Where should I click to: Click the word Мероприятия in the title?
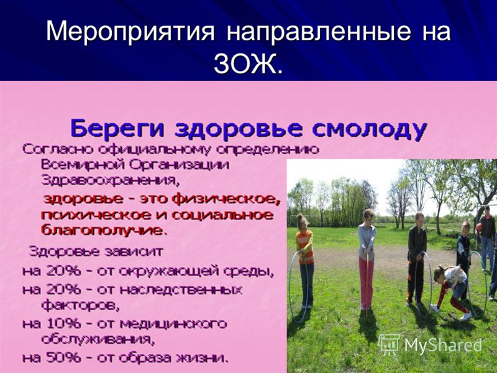(130, 30)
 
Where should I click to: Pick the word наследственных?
(181, 290)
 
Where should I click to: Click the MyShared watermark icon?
(390, 344)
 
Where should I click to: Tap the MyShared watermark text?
(443, 345)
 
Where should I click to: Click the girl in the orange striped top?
(305, 260)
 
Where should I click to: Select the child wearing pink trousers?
(367, 259)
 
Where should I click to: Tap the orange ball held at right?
(479, 227)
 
